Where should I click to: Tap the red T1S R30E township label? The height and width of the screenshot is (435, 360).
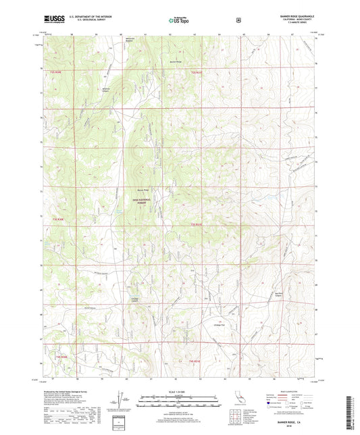click(55, 70)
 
